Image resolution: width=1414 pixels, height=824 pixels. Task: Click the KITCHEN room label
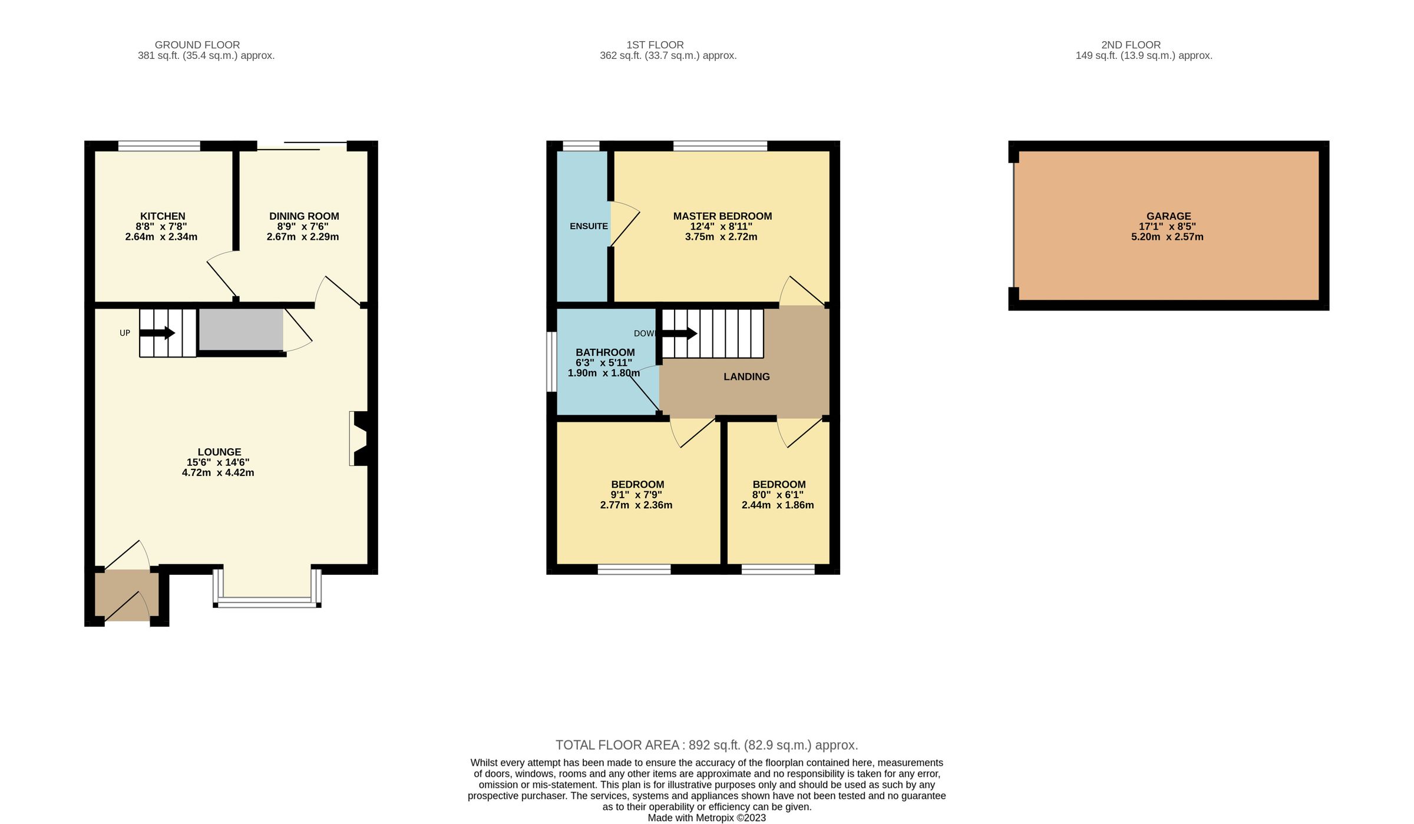click(163, 216)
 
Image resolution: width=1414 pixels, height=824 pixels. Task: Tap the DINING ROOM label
click(304, 216)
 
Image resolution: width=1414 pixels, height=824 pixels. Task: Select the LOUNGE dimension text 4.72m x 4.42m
click(218, 473)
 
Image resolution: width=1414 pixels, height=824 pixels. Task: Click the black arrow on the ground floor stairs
click(157, 333)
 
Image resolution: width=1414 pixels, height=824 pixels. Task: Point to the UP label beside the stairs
click(125, 333)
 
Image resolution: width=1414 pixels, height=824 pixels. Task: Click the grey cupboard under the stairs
click(240, 329)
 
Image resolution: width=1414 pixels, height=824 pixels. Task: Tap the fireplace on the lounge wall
click(359, 438)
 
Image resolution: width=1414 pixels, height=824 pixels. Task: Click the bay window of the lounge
click(267, 601)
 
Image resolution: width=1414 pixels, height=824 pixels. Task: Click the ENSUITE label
click(589, 226)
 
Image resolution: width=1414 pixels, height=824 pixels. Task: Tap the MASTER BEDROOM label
click(722, 216)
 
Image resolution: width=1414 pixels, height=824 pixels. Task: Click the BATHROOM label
click(605, 352)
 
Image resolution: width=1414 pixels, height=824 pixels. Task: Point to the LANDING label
click(746, 377)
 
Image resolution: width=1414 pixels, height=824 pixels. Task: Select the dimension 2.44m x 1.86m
click(778, 505)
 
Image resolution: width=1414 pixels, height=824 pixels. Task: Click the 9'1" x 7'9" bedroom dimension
click(636, 495)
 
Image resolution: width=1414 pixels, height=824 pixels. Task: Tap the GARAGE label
click(1168, 216)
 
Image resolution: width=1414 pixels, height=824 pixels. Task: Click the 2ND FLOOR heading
click(1131, 45)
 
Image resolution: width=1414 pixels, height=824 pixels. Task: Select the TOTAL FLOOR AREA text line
click(706, 745)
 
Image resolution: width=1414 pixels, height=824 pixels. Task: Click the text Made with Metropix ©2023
click(706, 818)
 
